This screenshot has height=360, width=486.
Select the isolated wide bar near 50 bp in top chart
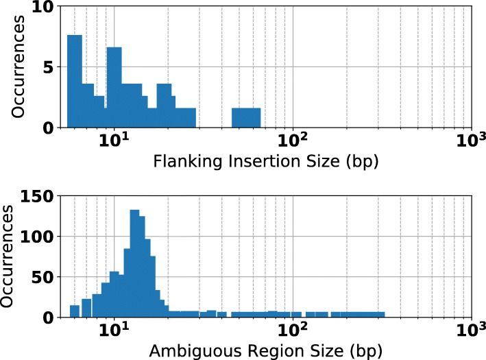point(245,118)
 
